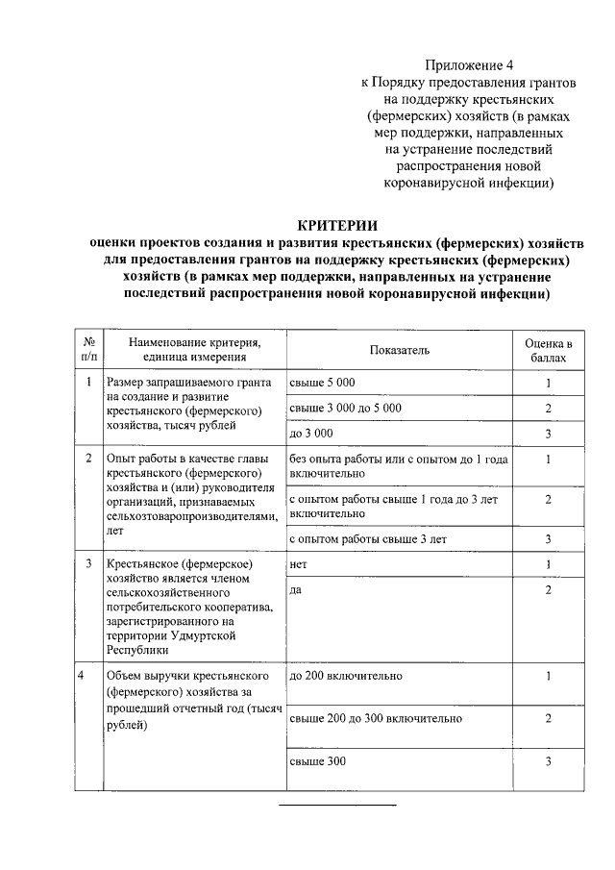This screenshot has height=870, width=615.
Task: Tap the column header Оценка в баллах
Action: [548, 351]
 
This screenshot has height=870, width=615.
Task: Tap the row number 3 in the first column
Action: [88, 563]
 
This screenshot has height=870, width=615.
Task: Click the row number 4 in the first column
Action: [88, 675]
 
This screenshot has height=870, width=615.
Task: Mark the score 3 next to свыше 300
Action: [548, 761]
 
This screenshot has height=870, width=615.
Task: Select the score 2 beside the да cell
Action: [548, 589]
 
